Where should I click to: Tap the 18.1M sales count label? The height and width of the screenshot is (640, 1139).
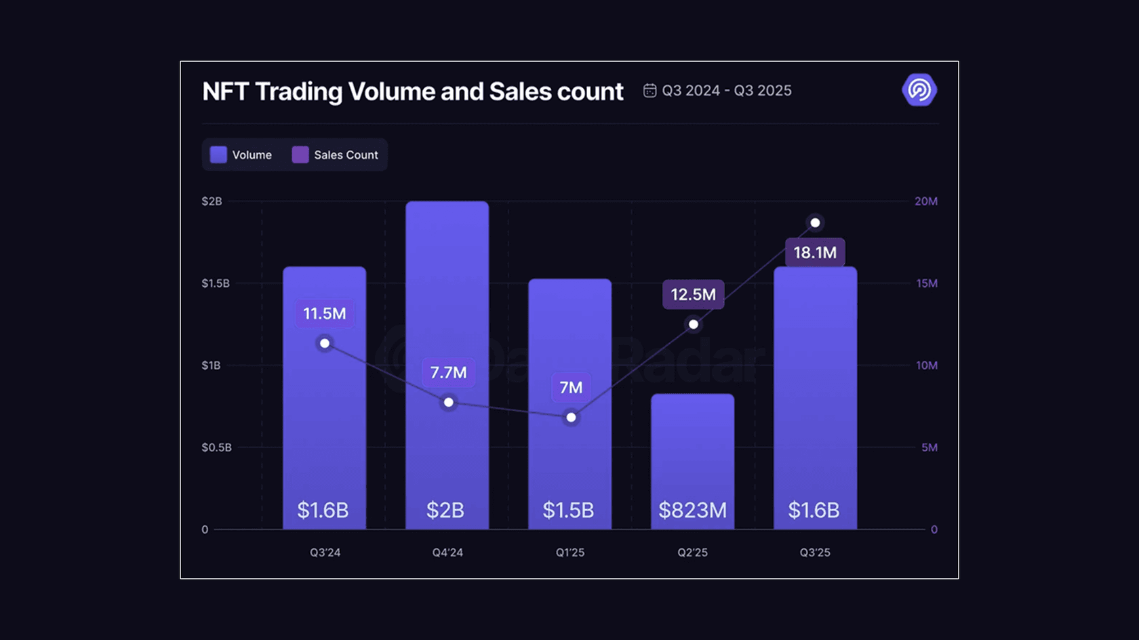(x=815, y=253)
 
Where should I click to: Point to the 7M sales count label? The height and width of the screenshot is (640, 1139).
(x=571, y=387)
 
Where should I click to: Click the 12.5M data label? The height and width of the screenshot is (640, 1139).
(x=693, y=295)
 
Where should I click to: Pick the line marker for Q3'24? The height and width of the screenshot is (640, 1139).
(x=325, y=344)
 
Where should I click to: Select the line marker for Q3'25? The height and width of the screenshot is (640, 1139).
(x=815, y=223)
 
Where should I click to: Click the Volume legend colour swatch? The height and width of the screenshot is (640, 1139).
(x=218, y=155)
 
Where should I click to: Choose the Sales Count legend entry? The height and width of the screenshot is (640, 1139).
(x=336, y=155)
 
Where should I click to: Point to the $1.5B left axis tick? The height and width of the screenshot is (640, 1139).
(x=216, y=283)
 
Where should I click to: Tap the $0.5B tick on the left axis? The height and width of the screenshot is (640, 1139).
(x=216, y=447)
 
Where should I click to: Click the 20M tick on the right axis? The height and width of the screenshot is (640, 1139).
(x=926, y=201)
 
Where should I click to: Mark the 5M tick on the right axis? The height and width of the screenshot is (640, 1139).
(x=930, y=447)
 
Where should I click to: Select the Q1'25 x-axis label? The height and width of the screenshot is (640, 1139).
(x=570, y=553)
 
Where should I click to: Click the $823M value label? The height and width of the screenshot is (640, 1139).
(x=692, y=510)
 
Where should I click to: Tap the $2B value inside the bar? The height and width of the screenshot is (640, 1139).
(x=445, y=510)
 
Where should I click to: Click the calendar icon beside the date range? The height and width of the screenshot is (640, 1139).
(x=650, y=91)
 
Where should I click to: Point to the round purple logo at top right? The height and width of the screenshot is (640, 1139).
(x=919, y=90)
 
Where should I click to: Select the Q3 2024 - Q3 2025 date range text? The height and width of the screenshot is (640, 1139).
(x=727, y=91)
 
